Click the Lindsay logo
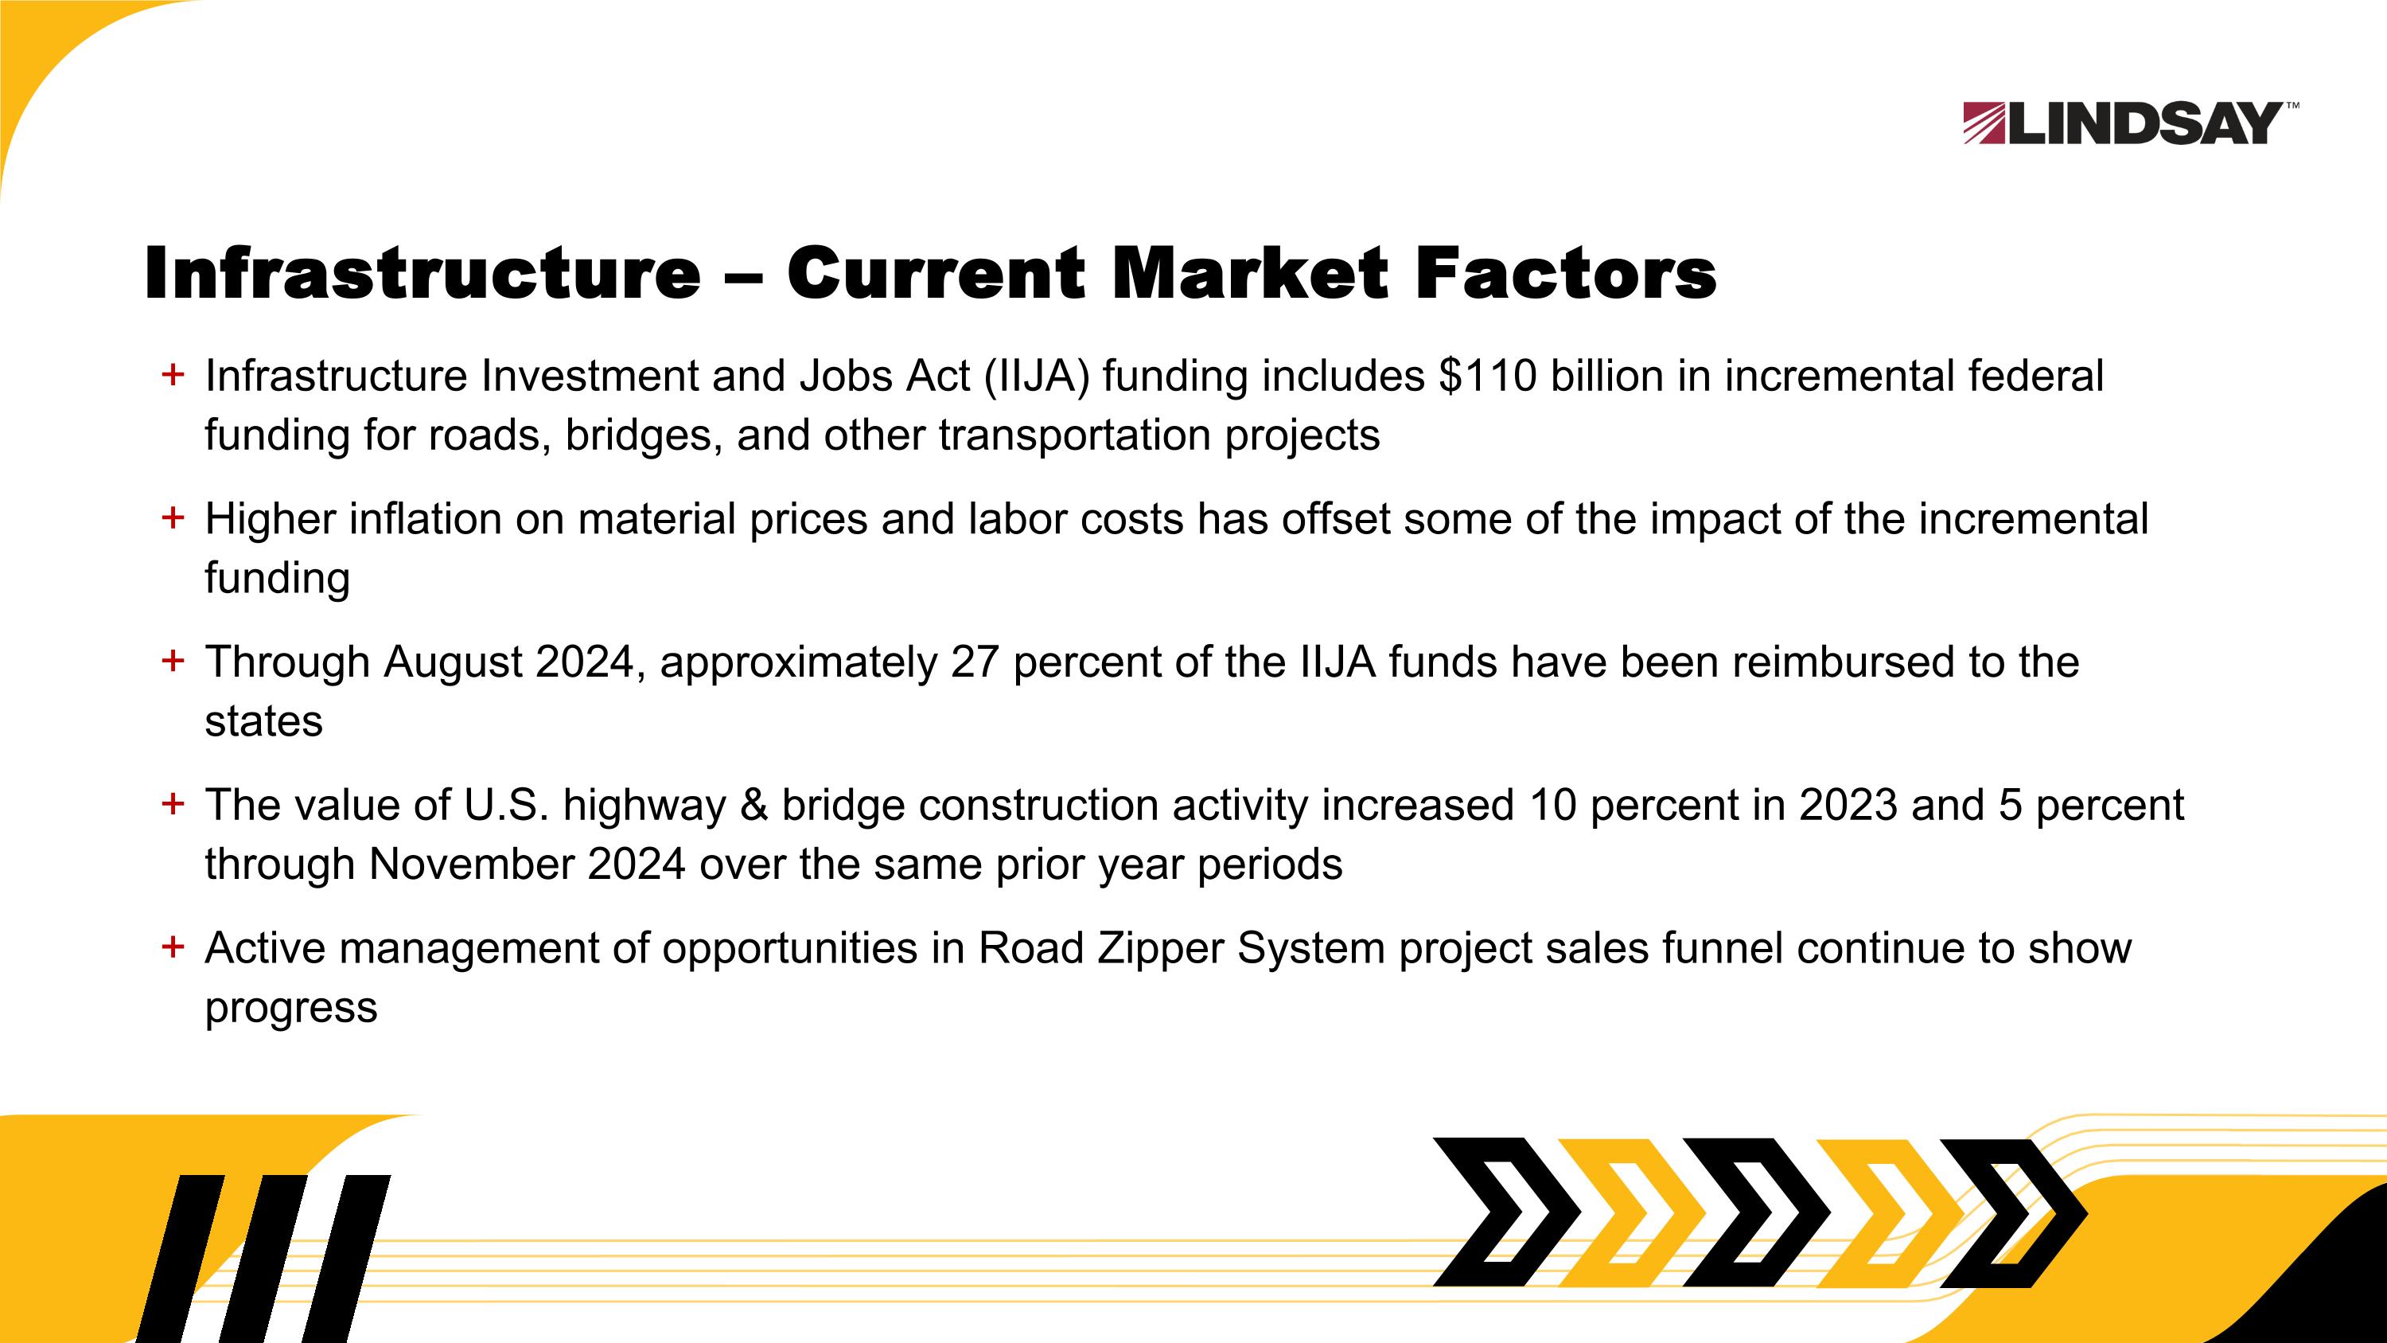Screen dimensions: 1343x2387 coord(2128,123)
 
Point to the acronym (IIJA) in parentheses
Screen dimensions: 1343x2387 coord(1037,377)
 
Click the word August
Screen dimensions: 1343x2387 coord(452,662)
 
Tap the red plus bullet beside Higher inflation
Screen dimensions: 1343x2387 coord(173,517)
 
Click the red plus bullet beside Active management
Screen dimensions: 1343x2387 coord(173,947)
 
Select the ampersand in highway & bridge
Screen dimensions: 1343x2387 coord(754,806)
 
